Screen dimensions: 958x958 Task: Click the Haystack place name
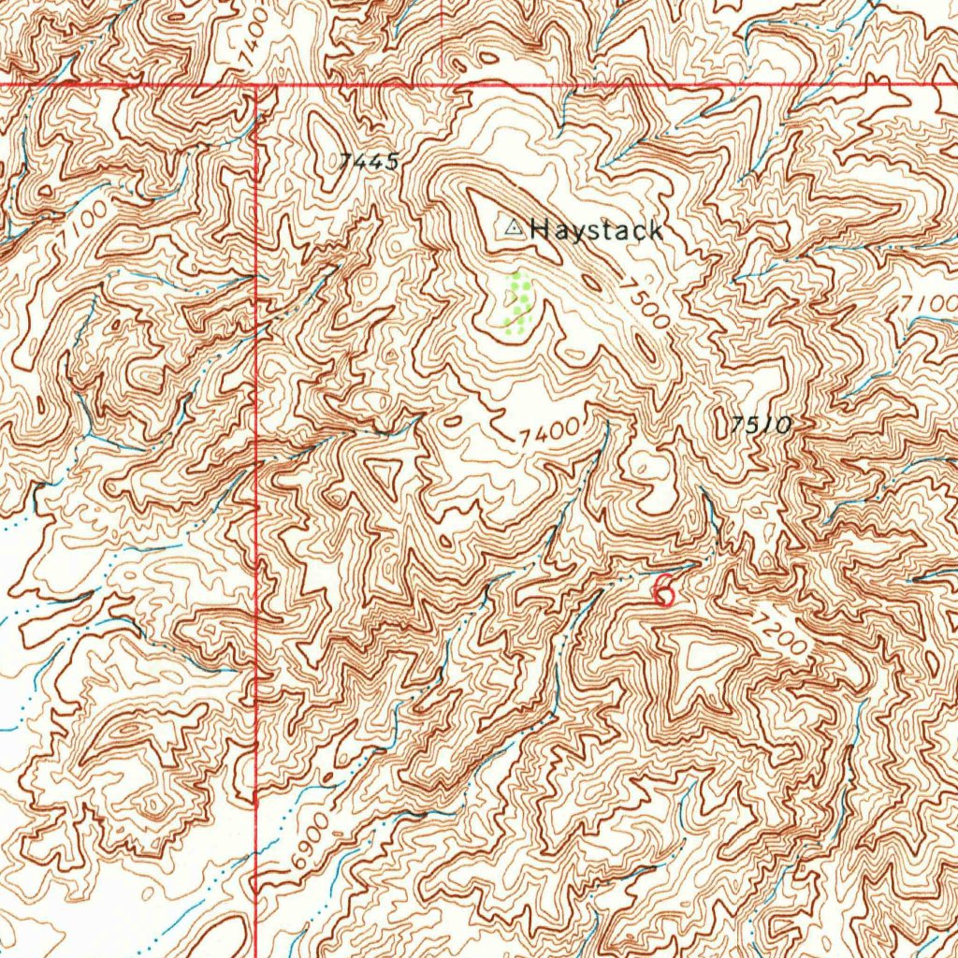[597, 230]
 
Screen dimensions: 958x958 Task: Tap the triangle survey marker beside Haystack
[513, 227]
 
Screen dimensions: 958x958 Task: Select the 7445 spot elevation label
[370, 162]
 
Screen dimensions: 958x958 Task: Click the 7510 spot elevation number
[762, 425]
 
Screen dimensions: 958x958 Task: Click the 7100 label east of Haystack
[931, 305]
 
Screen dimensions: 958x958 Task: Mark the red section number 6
[663, 589]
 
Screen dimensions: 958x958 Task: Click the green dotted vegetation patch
[518, 301]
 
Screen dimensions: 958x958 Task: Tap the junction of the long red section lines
[256, 85]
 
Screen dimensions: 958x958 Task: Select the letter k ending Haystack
[655, 231]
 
